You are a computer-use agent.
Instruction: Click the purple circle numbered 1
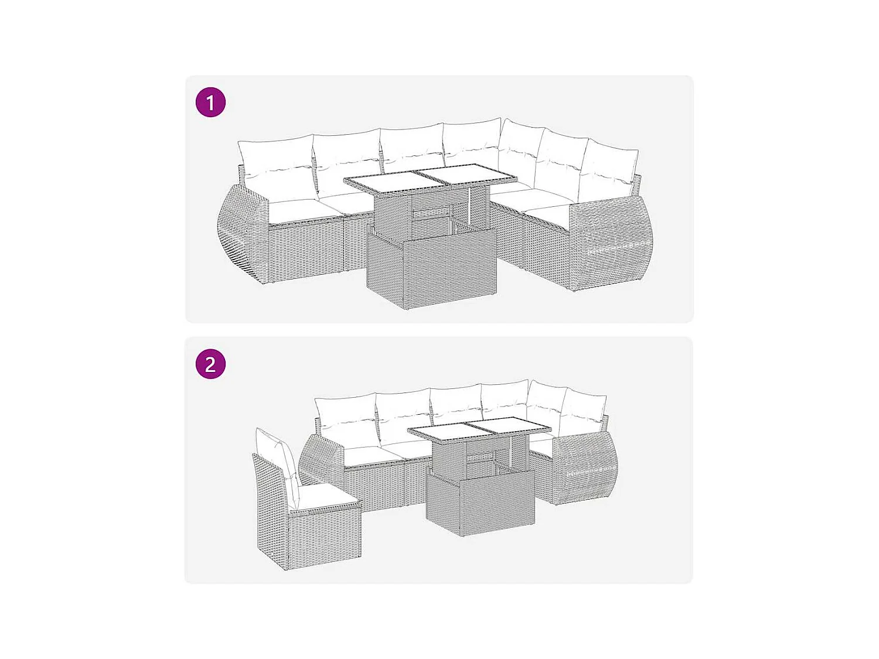pyautogui.click(x=210, y=103)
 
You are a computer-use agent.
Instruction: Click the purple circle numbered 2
pyautogui.click(x=210, y=364)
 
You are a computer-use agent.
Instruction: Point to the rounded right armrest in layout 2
pyautogui.click(x=583, y=466)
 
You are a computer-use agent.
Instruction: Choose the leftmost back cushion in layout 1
pyautogui.click(x=276, y=155)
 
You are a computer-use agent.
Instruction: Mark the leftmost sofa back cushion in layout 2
pyautogui.click(x=346, y=416)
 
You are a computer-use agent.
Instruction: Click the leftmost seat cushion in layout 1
pyautogui.click(x=293, y=210)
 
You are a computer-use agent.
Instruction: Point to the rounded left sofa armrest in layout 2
pyautogui.click(x=319, y=460)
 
